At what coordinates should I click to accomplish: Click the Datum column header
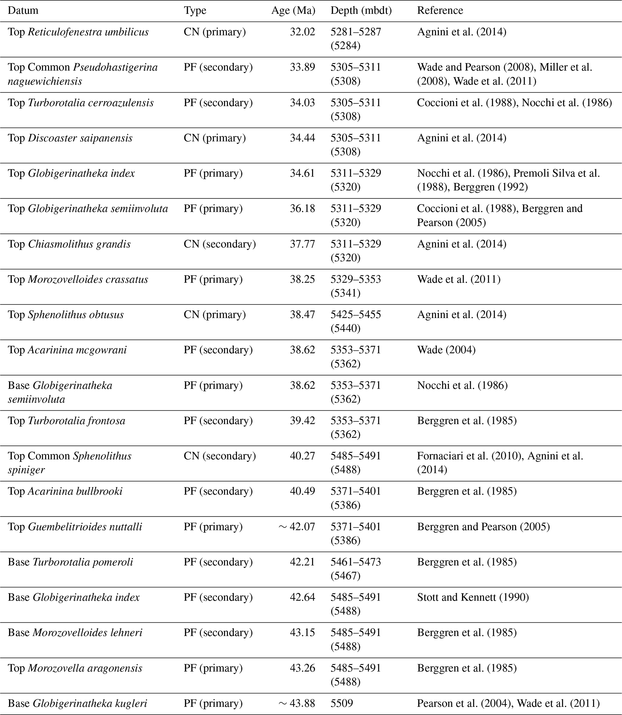click(x=23, y=11)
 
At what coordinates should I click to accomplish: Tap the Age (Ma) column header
click(x=293, y=11)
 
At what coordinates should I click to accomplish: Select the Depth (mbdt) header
click(x=361, y=11)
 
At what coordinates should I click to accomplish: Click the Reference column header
click(x=440, y=11)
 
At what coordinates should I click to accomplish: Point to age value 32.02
click(x=302, y=32)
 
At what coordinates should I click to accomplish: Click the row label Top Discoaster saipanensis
click(x=70, y=138)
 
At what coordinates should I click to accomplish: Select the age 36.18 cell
click(x=302, y=208)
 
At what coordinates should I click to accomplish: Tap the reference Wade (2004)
click(x=446, y=350)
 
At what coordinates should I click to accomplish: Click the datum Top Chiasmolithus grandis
click(x=69, y=244)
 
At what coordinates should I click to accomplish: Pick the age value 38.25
click(x=302, y=279)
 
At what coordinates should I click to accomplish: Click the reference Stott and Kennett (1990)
click(x=473, y=597)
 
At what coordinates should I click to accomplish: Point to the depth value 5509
click(x=342, y=703)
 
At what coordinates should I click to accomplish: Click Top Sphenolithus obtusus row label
click(x=66, y=315)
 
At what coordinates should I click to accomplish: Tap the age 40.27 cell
click(x=302, y=455)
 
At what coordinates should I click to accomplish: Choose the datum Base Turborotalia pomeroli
click(x=70, y=562)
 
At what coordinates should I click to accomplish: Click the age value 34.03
click(x=302, y=103)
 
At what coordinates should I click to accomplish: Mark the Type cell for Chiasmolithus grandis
click(x=219, y=244)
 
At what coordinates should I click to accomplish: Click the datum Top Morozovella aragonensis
click(x=75, y=668)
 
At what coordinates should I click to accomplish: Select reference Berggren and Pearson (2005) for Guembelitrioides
click(x=483, y=527)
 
